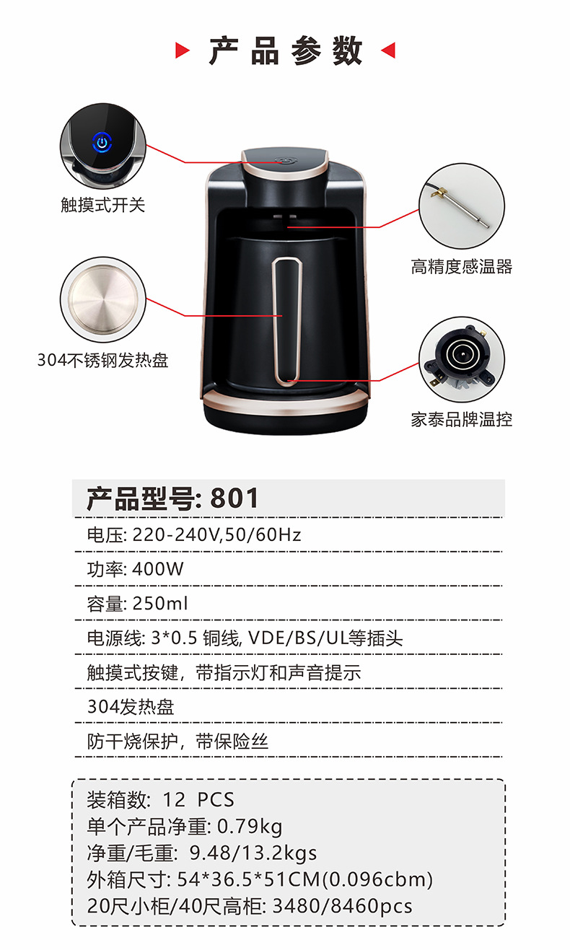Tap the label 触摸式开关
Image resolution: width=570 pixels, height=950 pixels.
coord(102,205)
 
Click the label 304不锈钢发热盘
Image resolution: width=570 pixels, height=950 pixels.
coord(102,360)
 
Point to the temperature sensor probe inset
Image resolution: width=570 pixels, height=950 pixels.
coord(462,206)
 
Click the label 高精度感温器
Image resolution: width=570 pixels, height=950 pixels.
coord(462,267)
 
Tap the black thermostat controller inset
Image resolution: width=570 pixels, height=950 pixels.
coord(462,359)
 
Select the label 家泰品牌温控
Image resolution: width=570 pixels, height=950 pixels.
coord(462,419)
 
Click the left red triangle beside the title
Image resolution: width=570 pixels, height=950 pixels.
coord(183,50)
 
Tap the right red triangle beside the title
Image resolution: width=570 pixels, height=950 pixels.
coord(387,50)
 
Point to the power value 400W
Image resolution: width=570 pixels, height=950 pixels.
coord(159,569)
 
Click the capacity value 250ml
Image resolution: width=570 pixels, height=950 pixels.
coord(160,604)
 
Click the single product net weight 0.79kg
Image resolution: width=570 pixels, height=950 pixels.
coord(250,827)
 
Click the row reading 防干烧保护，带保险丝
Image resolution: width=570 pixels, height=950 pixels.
coord(177,741)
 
